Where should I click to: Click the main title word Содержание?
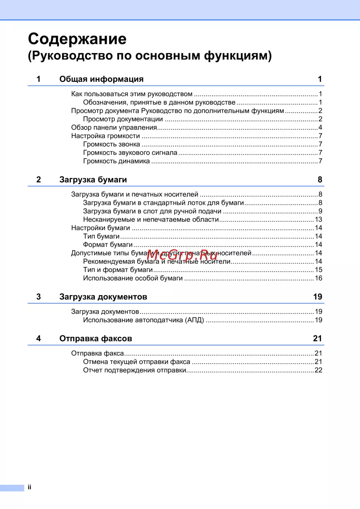[77, 39]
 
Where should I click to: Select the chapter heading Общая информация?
[101, 79]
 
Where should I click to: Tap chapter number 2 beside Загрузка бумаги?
[39, 180]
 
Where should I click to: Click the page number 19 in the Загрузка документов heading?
[318, 297]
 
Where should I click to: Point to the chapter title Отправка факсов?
[95, 339]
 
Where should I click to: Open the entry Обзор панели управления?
[114, 128]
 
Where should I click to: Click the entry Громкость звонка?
[111, 144]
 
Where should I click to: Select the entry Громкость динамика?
[116, 161]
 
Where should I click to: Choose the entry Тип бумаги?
[101, 236]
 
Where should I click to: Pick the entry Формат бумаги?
[108, 245]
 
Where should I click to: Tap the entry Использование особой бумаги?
[133, 278]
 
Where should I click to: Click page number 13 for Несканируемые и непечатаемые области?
[319, 220]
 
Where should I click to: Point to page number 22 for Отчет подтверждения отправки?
[319, 370]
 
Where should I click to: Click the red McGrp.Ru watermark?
[182, 255]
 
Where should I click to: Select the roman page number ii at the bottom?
[30, 487]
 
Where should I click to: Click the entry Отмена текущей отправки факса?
[136, 362]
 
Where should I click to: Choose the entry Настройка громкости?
[105, 136]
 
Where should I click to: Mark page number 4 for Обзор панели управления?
[320, 128]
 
